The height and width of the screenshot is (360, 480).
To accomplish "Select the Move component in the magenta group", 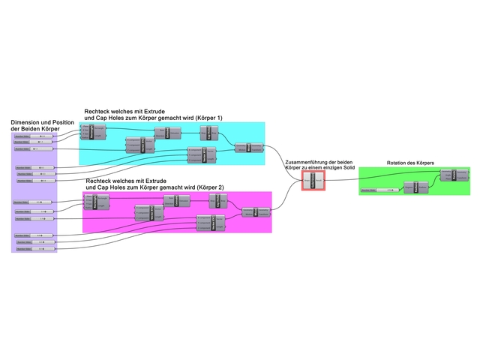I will point(256,211).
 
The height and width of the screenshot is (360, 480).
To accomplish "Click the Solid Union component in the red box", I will point(313,181).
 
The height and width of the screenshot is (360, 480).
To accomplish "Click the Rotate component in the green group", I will point(454,175).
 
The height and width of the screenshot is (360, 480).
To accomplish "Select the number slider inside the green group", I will point(378,190).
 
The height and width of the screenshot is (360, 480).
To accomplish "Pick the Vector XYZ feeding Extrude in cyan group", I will point(142,144).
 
